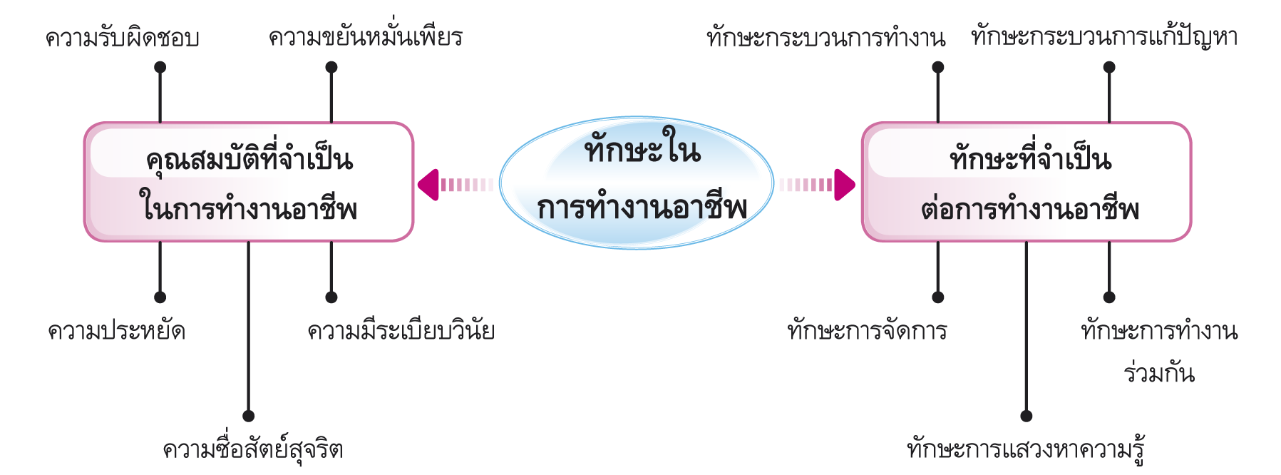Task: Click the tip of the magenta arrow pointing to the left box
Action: tap(418, 185)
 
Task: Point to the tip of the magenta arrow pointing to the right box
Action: tap(855, 185)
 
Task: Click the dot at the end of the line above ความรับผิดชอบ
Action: tap(160, 67)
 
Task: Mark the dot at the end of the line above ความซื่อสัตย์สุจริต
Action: tap(248, 416)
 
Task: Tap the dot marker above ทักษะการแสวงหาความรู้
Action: tap(1027, 416)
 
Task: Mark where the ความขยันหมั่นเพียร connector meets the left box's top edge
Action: tap(331, 123)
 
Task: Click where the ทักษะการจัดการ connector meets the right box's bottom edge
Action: tap(938, 241)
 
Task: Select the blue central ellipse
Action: tap(637, 183)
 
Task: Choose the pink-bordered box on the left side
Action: tap(249, 182)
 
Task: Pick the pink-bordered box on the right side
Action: tap(1027, 182)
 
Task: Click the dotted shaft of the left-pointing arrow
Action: tap(467, 185)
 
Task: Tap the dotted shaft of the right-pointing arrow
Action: tap(806, 185)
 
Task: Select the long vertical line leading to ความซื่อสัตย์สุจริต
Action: tap(248, 329)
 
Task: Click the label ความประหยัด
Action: tap(117, 332)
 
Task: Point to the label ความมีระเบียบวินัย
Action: tap(401, 332)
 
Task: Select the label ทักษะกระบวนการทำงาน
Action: tap(826, 37)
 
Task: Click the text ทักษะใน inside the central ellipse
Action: tap(642, 147)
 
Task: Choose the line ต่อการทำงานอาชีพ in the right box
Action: tap(1029, 208)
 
